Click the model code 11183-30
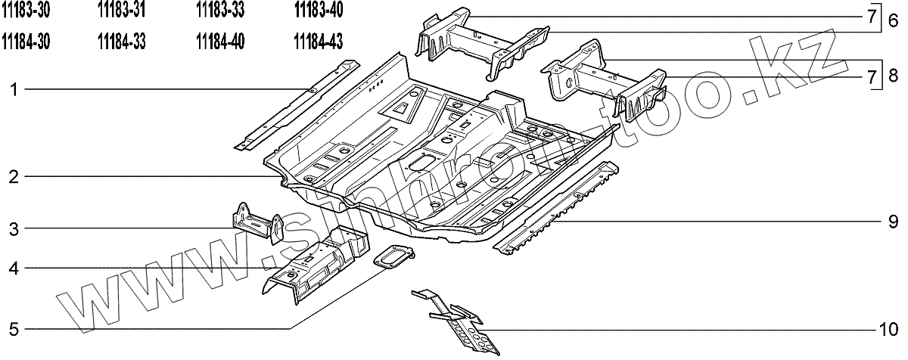(x=26, y=11)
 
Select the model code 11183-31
(x=122, y=11)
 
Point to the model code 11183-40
(x=319, y=11)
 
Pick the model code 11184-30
(x=26, y=41)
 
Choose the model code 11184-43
(x=319, y=41)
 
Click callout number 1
(x=14, y=91)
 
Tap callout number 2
(x=14, y=178)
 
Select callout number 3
(x=14, y=228)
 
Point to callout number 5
(x=14, y=329)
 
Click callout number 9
(x=893, y=222)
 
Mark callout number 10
(x=888, y=330)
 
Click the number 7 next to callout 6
(x=871, y=17)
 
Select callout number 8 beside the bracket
(x=893, y=75)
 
